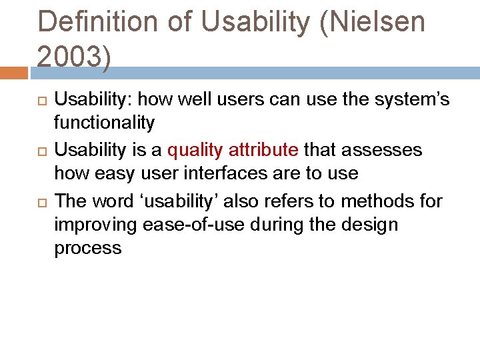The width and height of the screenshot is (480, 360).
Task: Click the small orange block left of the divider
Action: tap(14, 72)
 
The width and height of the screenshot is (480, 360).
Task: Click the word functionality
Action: tap(104, 123)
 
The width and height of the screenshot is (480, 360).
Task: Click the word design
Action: tap(374, 225)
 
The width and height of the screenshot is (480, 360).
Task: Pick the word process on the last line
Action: tap(88, 249)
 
